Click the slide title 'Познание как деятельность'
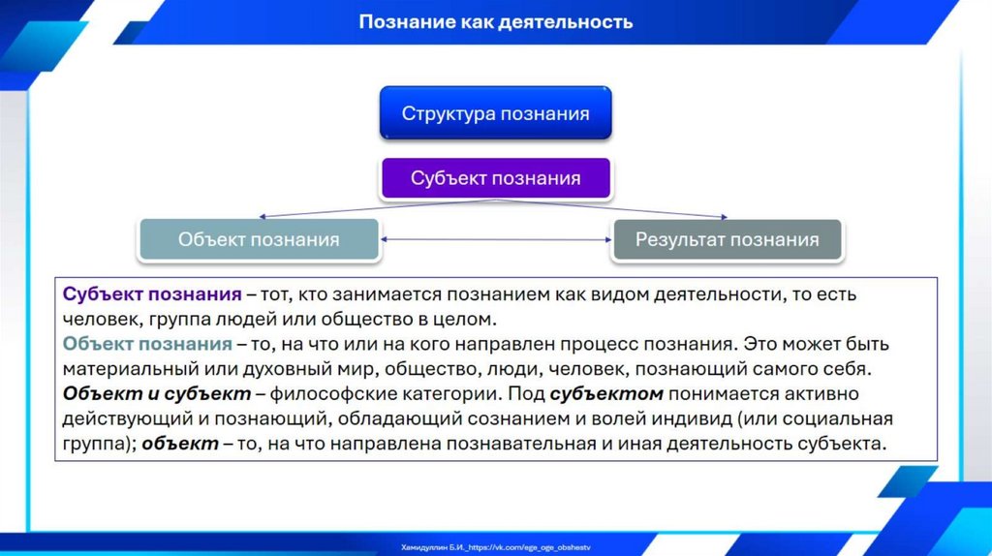[x=495, y=21]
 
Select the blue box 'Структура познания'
[x=495, y=113]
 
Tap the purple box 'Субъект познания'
[x=495, y=178]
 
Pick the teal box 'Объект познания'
[x=259, y=239]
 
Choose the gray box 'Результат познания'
[x=727, y=239]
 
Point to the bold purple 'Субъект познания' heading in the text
[x=152, y=293]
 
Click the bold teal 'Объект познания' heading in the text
[x=147, y=344]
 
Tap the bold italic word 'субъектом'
[x=606, y=394]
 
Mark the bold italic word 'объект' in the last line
[x=179, y=445]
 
